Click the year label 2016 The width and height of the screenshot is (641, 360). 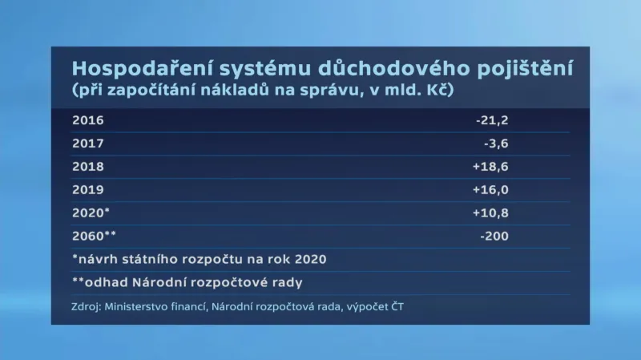click(87, 121)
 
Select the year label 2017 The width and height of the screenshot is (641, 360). click(87, 144)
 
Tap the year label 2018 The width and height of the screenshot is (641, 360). click(87, 168)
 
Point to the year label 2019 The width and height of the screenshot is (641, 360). click(87, 190)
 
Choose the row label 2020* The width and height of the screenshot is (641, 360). click(90, 213)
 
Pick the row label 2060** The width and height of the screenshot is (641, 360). click(93, 237)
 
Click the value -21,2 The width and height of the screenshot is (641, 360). click(492, 121)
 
